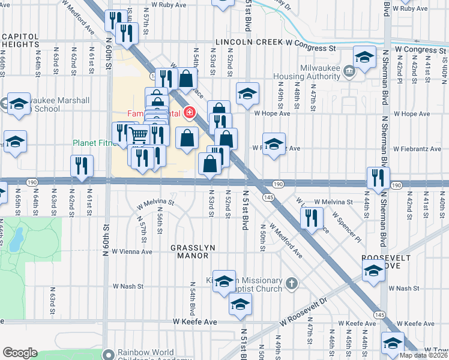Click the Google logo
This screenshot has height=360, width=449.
pos(20,353)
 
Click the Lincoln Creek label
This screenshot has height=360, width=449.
pos(241,47)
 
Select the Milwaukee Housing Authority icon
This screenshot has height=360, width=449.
pos(349,73)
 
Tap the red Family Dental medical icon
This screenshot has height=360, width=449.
pos(190,112)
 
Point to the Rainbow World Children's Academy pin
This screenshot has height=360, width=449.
pos(108,354)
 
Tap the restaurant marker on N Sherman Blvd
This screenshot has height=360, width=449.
pos(378,176)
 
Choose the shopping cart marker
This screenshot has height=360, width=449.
pos(139,136)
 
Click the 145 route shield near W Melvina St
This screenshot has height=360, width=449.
pos(268,197)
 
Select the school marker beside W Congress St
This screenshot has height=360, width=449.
pos(364,57)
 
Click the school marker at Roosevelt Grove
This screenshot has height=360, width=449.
pos(373,271)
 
